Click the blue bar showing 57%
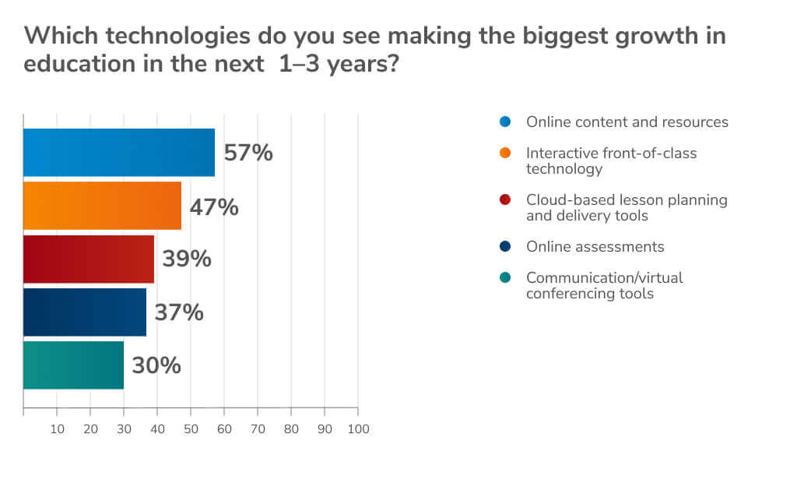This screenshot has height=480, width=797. (119, 153)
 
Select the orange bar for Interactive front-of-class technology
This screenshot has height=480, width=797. (102, 206)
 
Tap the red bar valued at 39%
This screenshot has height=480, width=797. (89, 259)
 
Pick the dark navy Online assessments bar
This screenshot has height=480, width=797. (85, 312)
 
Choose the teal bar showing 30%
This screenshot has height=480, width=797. (73, 365)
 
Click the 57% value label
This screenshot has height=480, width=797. (248, 153)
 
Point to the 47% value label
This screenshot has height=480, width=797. (214, 207)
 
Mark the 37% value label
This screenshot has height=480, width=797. (179, 312)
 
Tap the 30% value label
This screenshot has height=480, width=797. (156, 365)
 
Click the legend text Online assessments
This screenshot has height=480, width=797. (595, 247)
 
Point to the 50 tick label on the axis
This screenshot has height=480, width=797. (191, 429)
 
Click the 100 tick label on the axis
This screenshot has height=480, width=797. (358, 429)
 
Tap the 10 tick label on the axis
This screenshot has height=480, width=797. (57, 429)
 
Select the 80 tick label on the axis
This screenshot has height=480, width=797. (291, 429)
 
